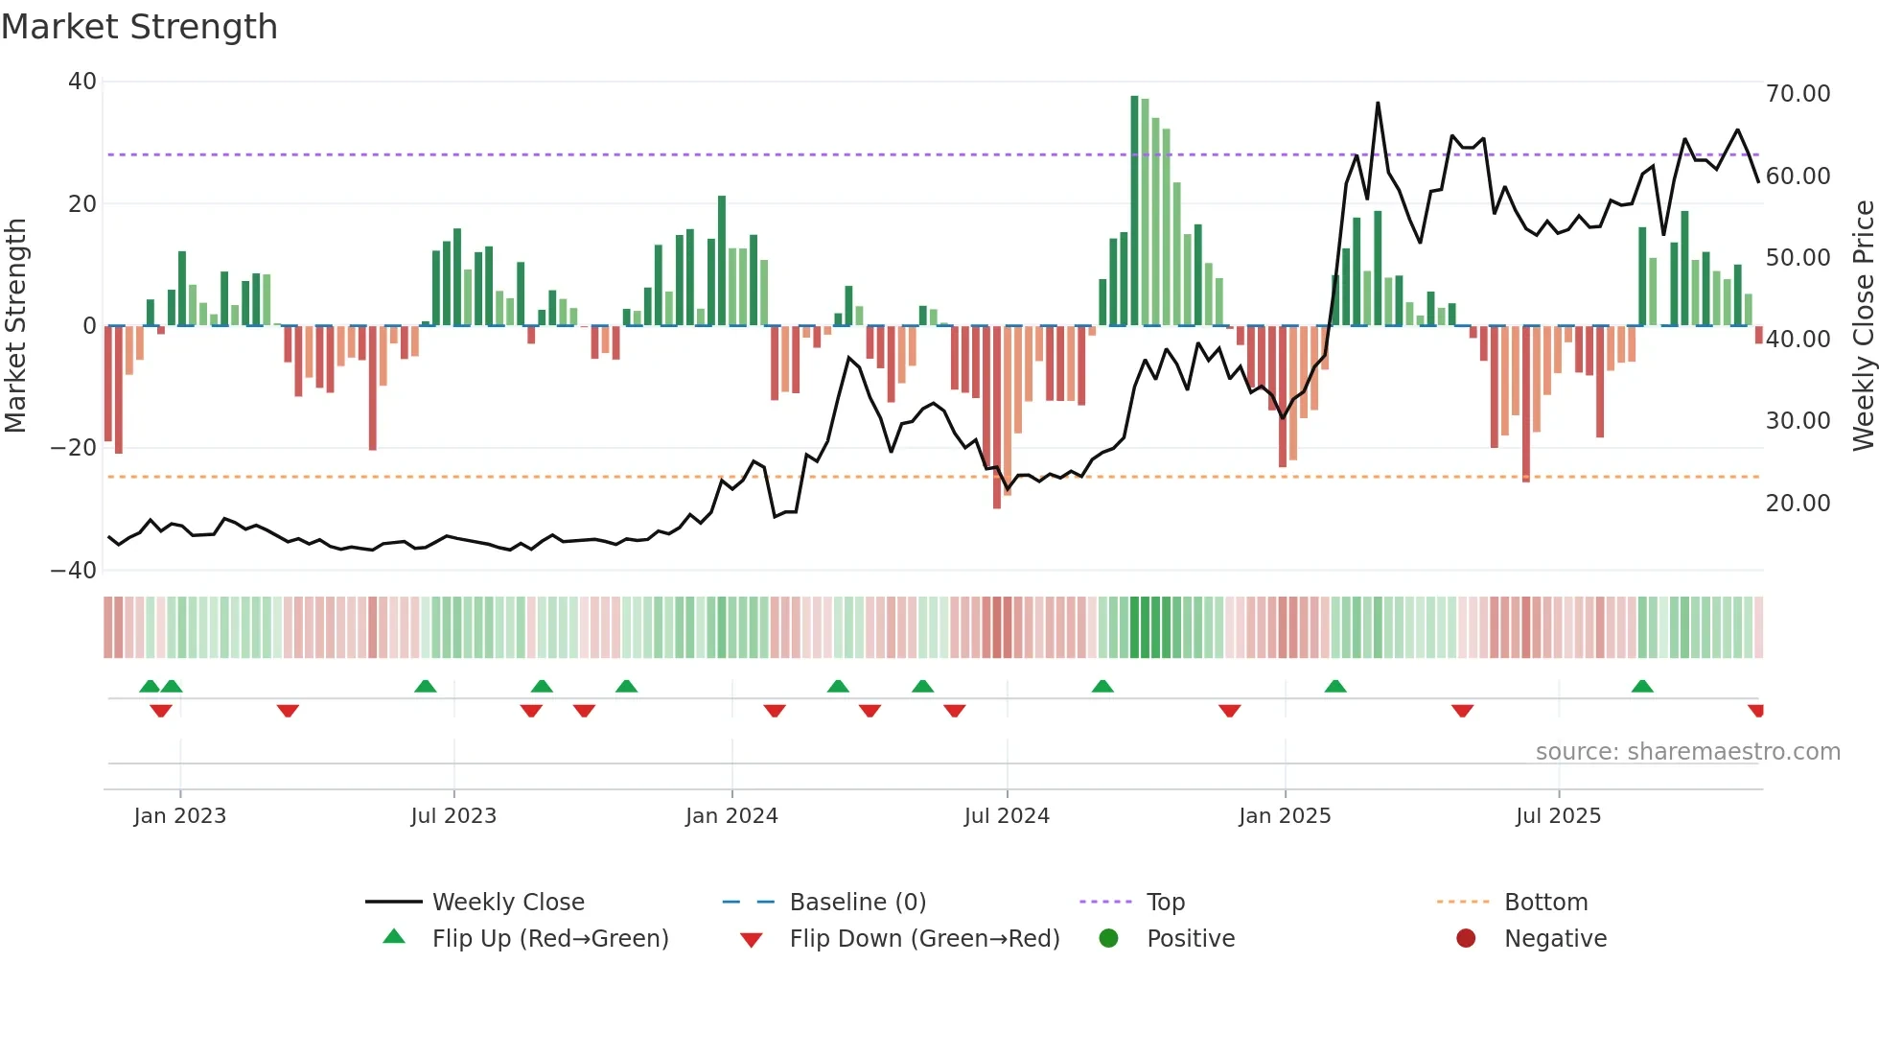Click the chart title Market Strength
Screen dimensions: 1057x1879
coord(139,27)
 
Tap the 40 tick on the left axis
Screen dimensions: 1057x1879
coord(81,82)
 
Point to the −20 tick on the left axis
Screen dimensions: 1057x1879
coord(74,448)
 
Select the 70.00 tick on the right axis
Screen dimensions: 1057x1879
coord(1798,94)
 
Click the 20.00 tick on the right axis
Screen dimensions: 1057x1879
coord(1798,503)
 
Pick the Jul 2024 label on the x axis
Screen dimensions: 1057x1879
coord(1006,816)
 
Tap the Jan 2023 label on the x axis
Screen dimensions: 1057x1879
coord(179,816)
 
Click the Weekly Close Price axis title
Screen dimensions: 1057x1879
coord(1862,326)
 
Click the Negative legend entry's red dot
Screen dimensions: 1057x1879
coord(1465,939)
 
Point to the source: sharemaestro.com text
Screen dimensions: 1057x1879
coord(1687,752)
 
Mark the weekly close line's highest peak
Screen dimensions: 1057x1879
coord(1378,104)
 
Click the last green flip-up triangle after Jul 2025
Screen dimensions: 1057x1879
coord(1642,687)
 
